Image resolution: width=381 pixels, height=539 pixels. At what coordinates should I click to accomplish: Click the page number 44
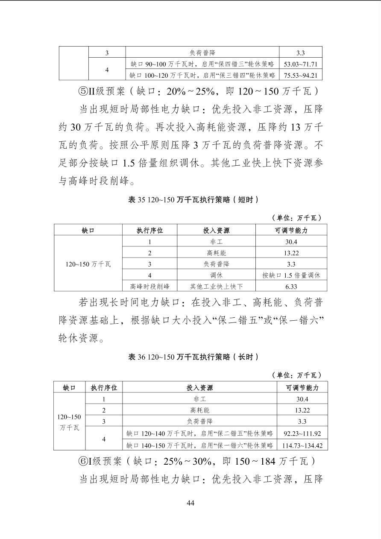(x=190, y=503)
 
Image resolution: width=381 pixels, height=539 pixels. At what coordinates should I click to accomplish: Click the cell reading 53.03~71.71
(x=301, y=64)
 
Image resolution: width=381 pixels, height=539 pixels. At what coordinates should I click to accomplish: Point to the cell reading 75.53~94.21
(x=301, y=75)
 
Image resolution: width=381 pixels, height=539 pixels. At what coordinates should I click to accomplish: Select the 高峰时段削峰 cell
(x=149, y=286)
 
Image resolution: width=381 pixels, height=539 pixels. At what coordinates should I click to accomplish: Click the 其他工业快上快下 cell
(x=216, y=286)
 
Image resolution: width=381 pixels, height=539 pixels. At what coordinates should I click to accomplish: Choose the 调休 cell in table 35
(x=216, y=275)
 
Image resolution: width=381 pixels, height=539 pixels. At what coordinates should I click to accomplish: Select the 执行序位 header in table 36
(x=104, y=387)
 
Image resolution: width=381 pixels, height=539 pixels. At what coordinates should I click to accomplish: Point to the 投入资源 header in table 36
(x=199, y=387)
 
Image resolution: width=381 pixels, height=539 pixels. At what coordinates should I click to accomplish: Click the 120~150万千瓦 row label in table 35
(x=88, y=264)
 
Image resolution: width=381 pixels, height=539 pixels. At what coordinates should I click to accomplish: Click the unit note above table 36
(x=296, y=375)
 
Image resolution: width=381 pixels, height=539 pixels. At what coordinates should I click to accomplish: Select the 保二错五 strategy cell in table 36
(x=199, y=433)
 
